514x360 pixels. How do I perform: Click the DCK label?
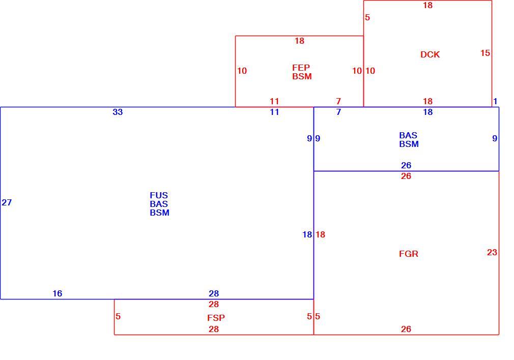430,54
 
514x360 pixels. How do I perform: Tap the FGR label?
409,254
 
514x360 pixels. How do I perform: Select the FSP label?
216,318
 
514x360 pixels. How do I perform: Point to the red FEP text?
301,68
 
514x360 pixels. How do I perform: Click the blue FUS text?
159,196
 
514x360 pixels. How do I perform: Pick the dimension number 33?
118,112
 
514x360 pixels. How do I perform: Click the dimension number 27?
7,203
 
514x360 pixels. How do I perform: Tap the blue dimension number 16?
58,293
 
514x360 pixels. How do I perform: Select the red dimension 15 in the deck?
485,53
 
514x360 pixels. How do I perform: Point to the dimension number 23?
492,252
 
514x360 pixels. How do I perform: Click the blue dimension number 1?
495,102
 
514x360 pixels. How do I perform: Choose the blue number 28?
214,293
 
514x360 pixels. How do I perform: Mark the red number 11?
274,102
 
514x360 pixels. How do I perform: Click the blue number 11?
274,112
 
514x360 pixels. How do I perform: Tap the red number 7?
338,102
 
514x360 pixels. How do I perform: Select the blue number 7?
338,112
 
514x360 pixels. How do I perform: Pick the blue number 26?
406,165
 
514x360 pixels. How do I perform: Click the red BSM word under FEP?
302,76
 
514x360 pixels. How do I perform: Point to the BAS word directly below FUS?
159,204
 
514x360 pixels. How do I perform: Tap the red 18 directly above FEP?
299,41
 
